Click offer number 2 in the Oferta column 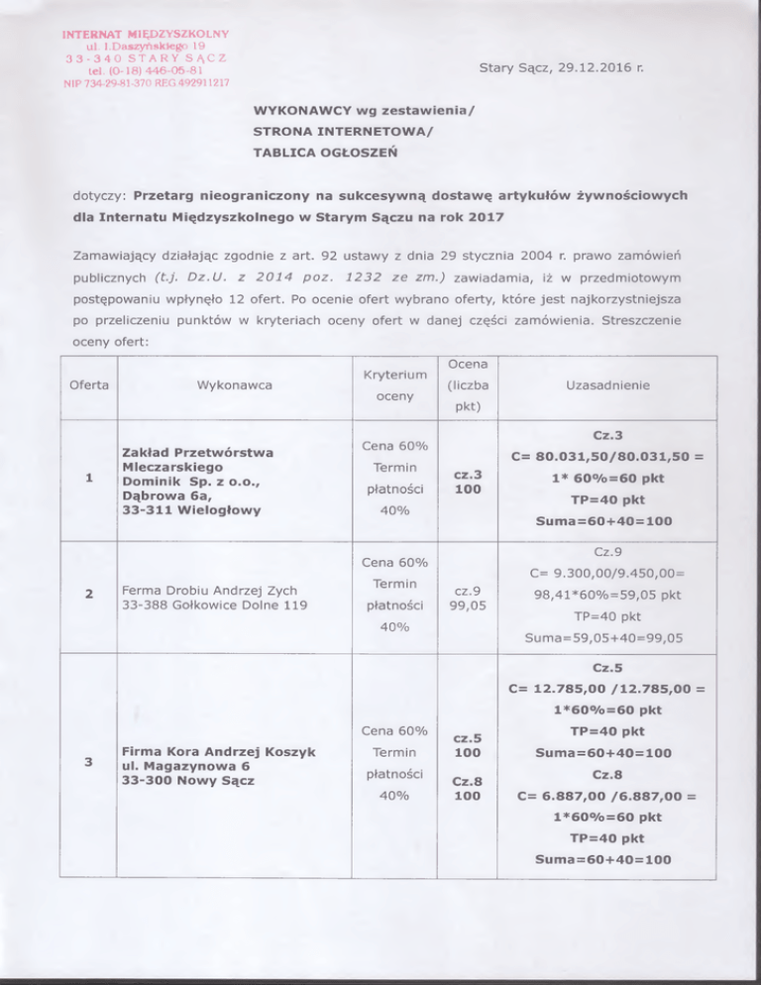[x=88, y=596]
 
